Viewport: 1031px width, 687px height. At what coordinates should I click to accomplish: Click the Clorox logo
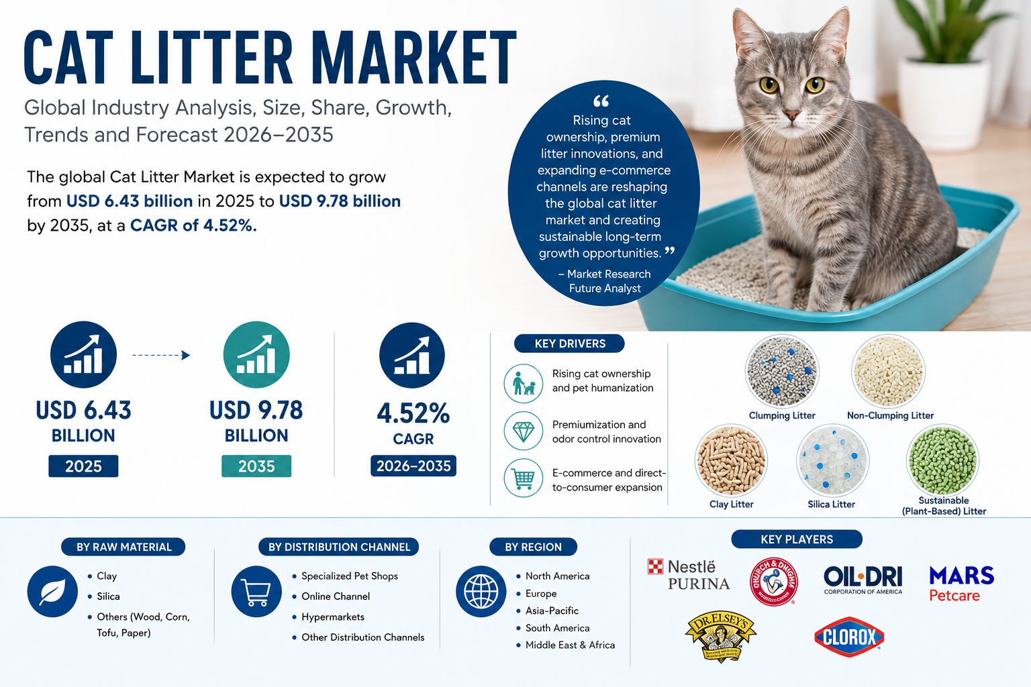[848, 637]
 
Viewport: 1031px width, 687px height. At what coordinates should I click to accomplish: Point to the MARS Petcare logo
[961, 584]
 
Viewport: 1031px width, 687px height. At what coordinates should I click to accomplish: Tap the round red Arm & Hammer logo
[773, 581]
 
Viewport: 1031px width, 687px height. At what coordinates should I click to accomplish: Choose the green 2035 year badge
[256, 466]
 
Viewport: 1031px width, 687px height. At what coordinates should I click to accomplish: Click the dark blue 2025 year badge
[83, 466]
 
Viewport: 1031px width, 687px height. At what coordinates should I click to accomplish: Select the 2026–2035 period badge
[413, 466]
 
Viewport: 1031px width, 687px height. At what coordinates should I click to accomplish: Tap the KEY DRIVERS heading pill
[569, 343]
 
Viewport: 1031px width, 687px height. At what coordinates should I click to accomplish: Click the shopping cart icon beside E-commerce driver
[524, 478]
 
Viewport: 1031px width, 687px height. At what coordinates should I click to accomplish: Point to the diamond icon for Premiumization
[524, 431]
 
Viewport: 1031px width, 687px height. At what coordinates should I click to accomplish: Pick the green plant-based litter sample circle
[942, 460]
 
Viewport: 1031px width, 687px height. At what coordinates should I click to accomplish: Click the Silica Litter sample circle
[832, 461]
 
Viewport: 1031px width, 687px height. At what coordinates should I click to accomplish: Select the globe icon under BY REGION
[481, 591]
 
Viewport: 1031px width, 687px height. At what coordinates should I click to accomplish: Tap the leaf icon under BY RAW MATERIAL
[52, 591]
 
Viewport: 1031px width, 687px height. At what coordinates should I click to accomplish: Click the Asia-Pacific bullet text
[552, 611]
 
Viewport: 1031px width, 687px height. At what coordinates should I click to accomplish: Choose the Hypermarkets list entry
[333, 617]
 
